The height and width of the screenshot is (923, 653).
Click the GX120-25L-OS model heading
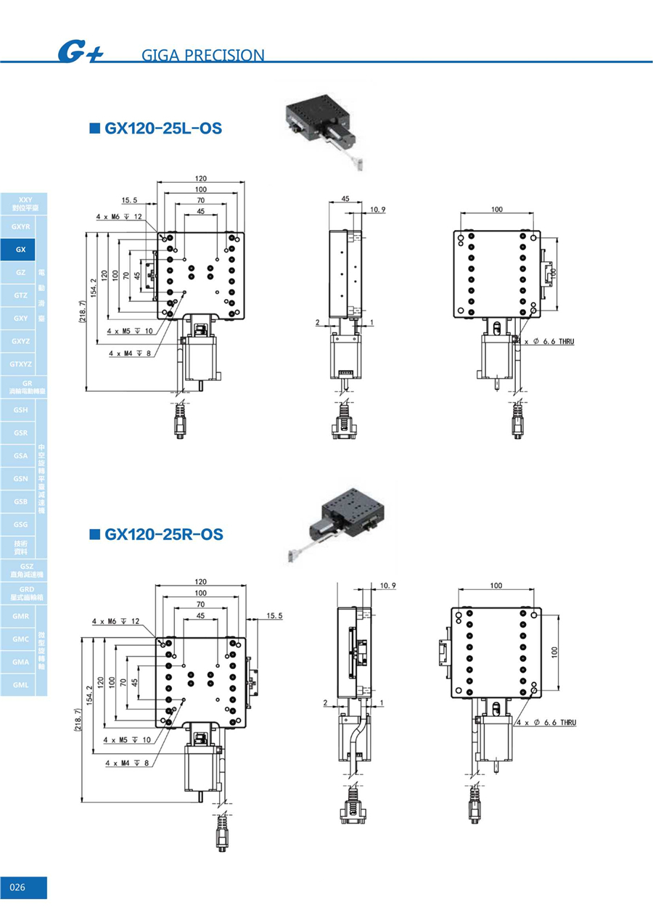click(x=163, y=129)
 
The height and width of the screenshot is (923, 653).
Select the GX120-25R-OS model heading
click(x=163, y=535)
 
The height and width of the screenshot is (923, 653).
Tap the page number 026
click(x=18, y=887)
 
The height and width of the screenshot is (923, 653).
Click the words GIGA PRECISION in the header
click(x=203, y=55)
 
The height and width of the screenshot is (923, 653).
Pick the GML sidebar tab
click(x=20, y=684)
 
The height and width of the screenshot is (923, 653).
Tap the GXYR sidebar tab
click(x=20, y=227)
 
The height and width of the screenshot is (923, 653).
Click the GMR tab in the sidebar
click(x=20, y=616)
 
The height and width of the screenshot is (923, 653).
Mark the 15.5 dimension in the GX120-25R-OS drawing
click(x=274, y=615)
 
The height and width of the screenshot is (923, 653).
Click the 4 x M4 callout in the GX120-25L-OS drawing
click(x=130, y=353)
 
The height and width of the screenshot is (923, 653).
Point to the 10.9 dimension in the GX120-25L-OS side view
click(x=377, y=210)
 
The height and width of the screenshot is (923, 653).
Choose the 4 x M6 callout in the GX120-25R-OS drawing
click(x=115, y=621)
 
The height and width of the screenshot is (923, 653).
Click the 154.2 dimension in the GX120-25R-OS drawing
click(x=90, y=694)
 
